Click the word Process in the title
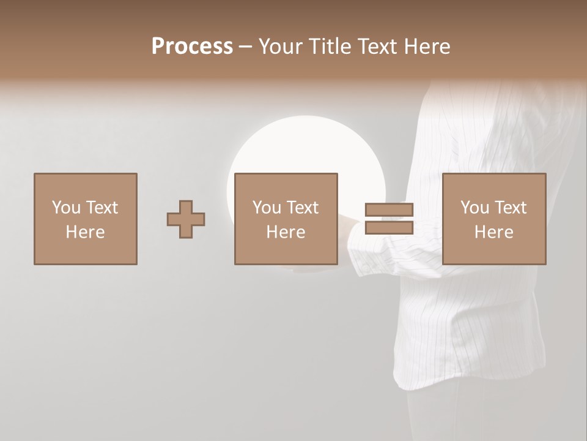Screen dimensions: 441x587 [192, 47]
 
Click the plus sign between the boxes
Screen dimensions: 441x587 [186, 219]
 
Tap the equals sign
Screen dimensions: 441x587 [389, 219]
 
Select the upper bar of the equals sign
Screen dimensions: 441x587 [389, 210]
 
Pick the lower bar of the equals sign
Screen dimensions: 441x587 [389, 228]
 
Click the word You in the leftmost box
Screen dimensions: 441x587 [65, 208]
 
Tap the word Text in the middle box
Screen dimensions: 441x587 [302, 208]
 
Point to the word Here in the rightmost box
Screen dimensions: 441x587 [494, 232]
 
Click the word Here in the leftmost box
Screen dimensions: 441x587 [85, 232]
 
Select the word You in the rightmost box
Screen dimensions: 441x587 [474, 208]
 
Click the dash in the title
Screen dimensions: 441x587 [246, 47]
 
